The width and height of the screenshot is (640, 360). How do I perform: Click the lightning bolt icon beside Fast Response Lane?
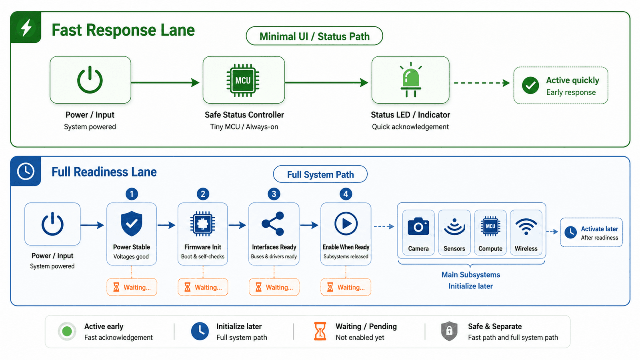tap(26, 28)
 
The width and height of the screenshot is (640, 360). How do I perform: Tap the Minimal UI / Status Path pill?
tap(314, 36)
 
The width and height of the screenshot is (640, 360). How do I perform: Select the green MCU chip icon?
tap(243, 80)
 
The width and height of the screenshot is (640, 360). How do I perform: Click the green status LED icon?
tap(411, 80)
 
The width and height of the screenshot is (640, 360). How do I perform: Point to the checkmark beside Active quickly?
tap(530, 85)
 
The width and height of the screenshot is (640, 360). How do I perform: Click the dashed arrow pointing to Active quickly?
tap(482, 83)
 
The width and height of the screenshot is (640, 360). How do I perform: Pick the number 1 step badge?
tap(132, 194)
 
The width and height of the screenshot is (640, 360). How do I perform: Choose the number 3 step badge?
tap(274, 194)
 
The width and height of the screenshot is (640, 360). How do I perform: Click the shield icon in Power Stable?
tap(132, 224)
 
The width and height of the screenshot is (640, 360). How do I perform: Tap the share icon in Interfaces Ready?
tap(273, 224)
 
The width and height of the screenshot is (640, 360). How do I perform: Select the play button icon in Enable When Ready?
tap(346, 224)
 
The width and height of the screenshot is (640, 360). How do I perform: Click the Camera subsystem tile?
tap(418, 232)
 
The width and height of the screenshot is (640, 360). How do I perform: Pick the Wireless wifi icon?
tap(526, 226)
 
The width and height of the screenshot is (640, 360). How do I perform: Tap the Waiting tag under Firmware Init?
tap(203, 287)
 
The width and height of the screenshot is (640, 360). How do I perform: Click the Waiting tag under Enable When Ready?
tap(346, 287)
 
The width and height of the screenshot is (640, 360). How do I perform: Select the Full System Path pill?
tap(320, 174)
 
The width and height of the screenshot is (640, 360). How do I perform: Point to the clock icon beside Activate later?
tap(570, 232)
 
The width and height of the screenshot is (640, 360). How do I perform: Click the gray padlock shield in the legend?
tap(449, 331)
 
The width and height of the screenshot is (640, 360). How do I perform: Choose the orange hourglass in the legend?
tap(320, 331)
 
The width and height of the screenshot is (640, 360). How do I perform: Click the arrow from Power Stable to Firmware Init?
tap(166, 225)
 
